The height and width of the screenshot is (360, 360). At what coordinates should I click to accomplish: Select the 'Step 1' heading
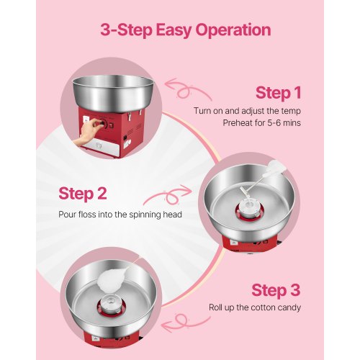coord(278,93)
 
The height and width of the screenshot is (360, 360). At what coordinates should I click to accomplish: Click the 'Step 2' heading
coord(83,194)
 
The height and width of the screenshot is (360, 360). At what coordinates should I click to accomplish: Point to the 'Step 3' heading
coord(276,289)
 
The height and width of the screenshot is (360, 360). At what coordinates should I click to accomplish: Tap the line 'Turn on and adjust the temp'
coord(246,110)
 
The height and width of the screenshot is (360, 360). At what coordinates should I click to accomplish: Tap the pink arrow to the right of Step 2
coord(169,196)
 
